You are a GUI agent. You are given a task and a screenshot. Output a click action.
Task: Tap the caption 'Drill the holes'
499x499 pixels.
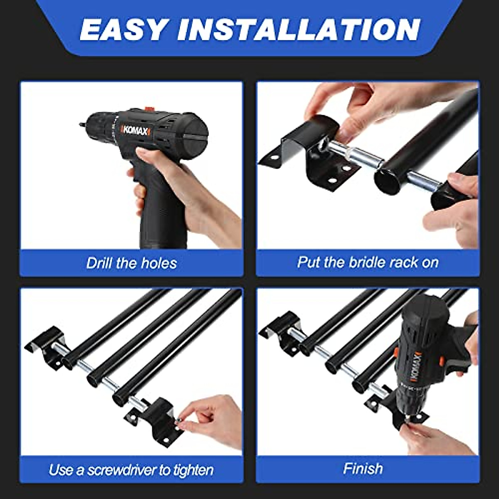(131, 263)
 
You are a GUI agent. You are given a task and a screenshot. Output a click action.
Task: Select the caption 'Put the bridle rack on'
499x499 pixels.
(368, 262)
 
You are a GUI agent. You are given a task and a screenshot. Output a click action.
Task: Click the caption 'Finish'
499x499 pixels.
(363, 469)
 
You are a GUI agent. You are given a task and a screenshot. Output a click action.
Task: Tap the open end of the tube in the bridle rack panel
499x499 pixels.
(388, 179)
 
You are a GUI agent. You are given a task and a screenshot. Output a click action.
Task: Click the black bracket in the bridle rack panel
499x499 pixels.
(312, 146)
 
